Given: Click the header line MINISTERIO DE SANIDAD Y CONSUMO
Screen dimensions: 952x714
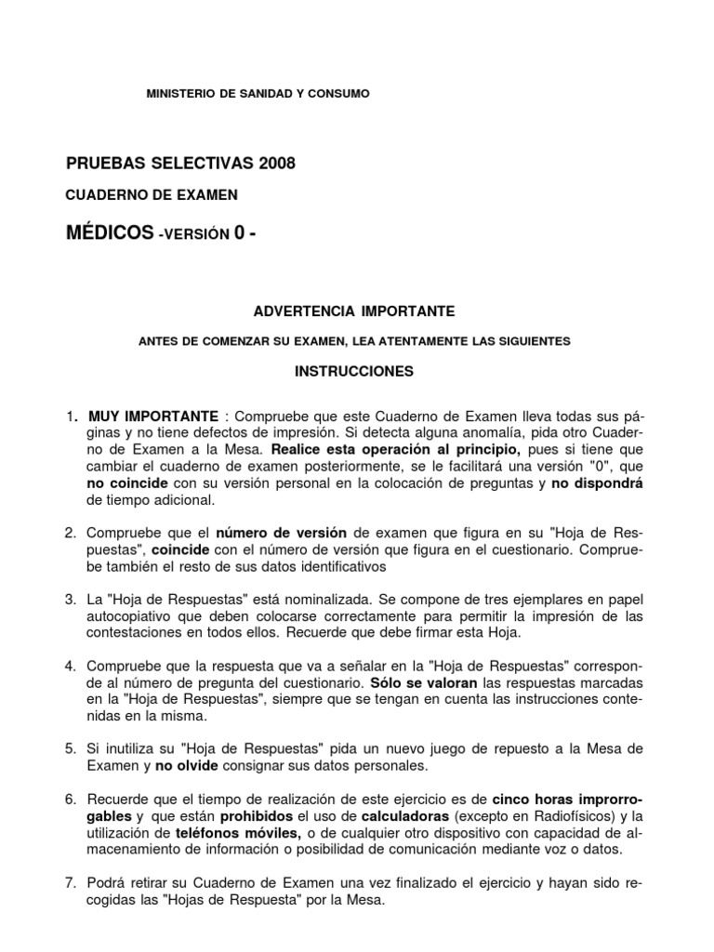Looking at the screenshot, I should pos(258,94).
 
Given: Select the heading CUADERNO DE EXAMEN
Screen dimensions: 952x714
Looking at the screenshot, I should pos(152,194).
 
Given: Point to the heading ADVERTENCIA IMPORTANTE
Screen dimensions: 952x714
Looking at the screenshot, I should pos(354,310).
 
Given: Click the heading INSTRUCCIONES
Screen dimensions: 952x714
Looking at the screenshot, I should pos(354,370).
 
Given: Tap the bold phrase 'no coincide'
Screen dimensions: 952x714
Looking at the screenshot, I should pos(127,483).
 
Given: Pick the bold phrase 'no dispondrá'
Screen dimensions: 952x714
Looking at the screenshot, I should pos(597,483).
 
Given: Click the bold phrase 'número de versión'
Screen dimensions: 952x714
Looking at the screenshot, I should pos(282,532).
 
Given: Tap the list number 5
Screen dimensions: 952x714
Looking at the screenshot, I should pos(70,748).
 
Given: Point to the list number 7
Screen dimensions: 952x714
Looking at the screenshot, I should pos(70,881).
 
